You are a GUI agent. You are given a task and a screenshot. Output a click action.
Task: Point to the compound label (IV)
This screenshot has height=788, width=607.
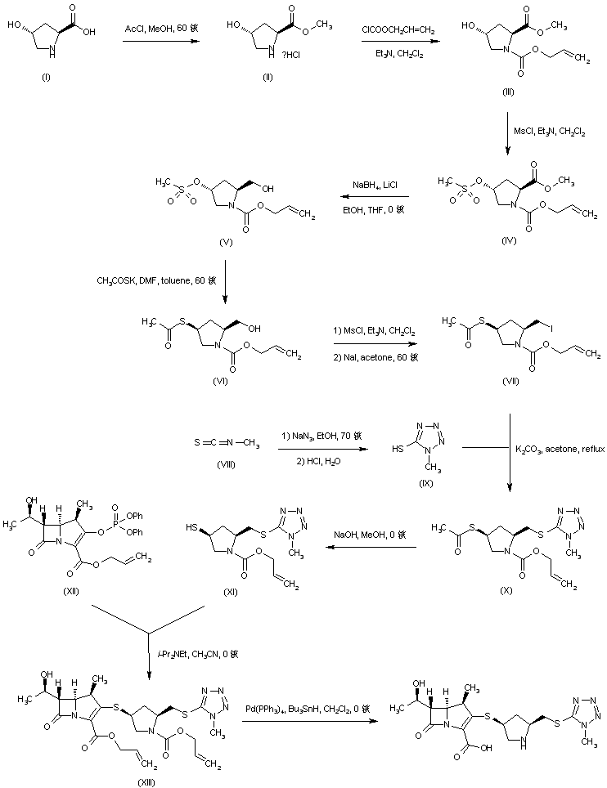[x=509, y=243]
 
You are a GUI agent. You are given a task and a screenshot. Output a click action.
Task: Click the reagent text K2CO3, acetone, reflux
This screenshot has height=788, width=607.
[x=558, y=449]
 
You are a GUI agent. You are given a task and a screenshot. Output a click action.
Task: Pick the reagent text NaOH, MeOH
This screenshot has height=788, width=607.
[x=368, y=536]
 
